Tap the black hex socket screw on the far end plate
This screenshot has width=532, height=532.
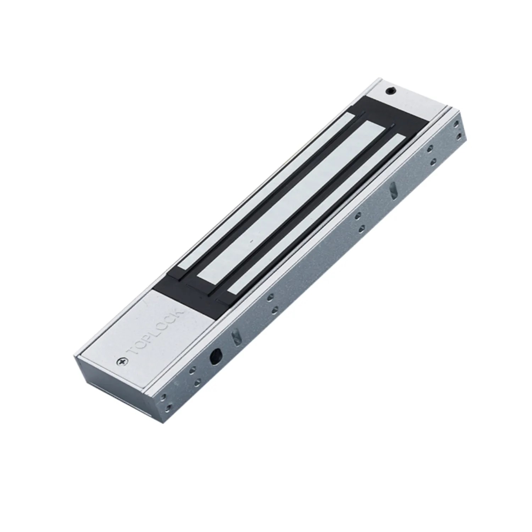pyautogui.click(x=391, y=92)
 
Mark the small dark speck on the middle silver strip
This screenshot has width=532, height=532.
pyautogui.click(x=251, y=241)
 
